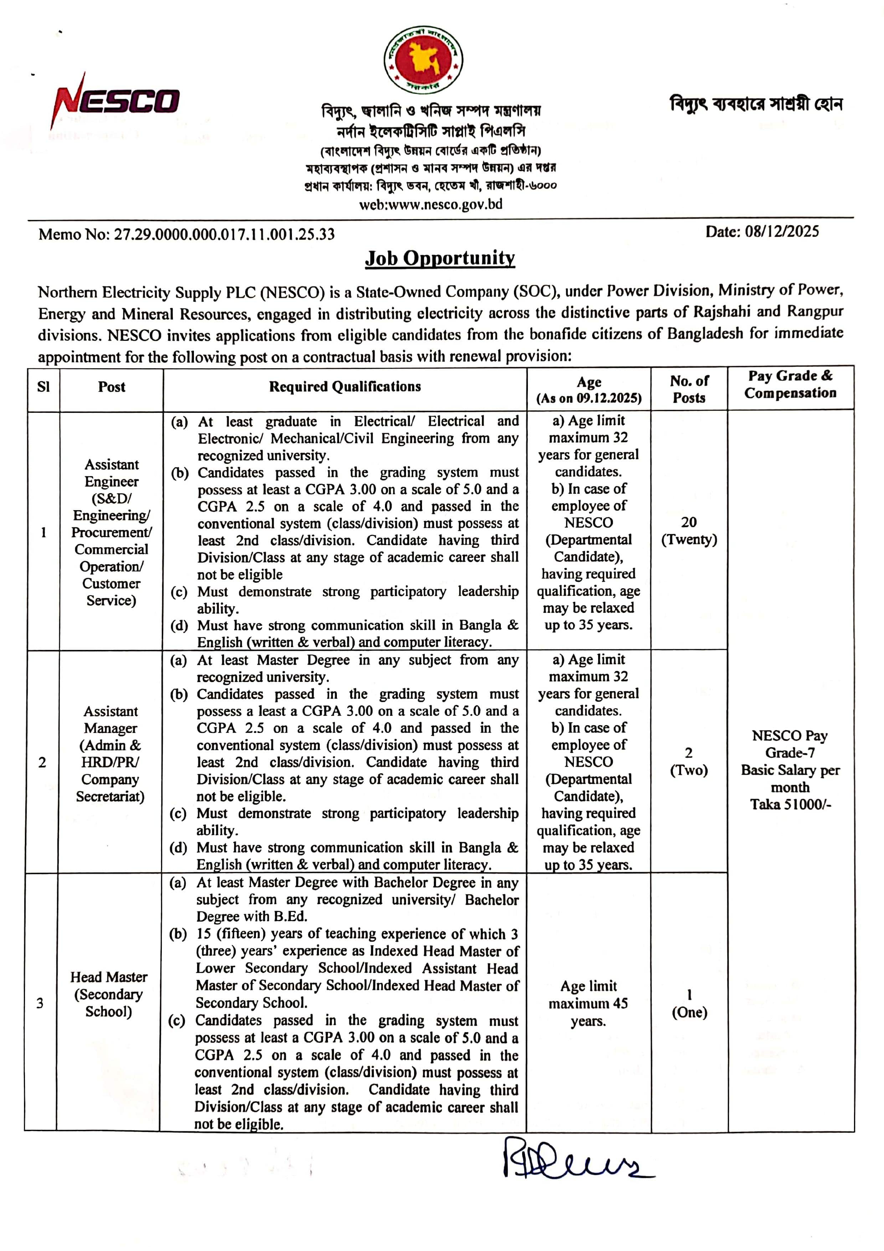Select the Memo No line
(x=186, y=234)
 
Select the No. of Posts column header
(x=689, y=389)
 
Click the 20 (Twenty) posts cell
(x=689, y=531)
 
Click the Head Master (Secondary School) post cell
(x=109, y=994)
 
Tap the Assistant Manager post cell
(x=110, y=754)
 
